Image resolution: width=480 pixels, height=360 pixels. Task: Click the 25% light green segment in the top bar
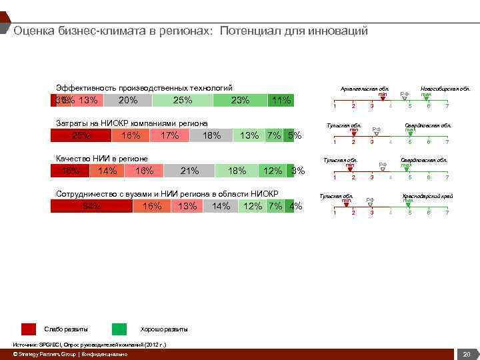pyautogui.click(x=183, y=101)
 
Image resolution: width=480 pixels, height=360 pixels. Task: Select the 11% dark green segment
pyautogui.click(x=280, y=101)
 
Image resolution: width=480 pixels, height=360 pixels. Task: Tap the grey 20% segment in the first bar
pyautogui.click(x=127, y=101)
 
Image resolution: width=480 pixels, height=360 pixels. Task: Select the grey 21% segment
pyautogui.click(x=189, y=171)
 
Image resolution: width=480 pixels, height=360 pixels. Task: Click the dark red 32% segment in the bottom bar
pyautogui.click(x=91, y=206)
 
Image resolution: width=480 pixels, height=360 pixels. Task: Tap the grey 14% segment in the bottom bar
pyautogui.click(x=221, y=206)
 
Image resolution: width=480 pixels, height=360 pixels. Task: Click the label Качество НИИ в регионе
pyautogui.click(x=102, y=159)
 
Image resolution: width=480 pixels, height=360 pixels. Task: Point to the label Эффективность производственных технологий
pyautogui.click(x=144, y=88)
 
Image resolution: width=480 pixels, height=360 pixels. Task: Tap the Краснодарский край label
pyautogui.click(x=427, y=196)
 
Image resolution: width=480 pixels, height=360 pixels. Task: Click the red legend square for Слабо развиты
pyautogui.click(x=29, y=329)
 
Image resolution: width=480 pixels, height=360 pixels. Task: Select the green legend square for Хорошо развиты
pyautogui.click(x=119, y=329)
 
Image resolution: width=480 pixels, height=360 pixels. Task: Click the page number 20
pyautogui.click(x=467, y=354)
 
